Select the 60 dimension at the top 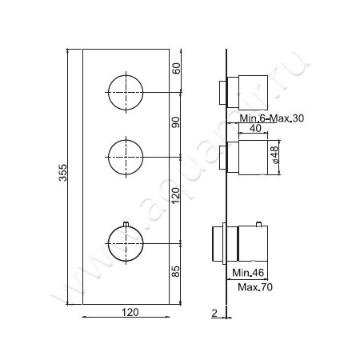click(x=177, y=70)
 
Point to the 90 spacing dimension click(x=177, y=122)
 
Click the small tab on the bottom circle click(x=126, y=221)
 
